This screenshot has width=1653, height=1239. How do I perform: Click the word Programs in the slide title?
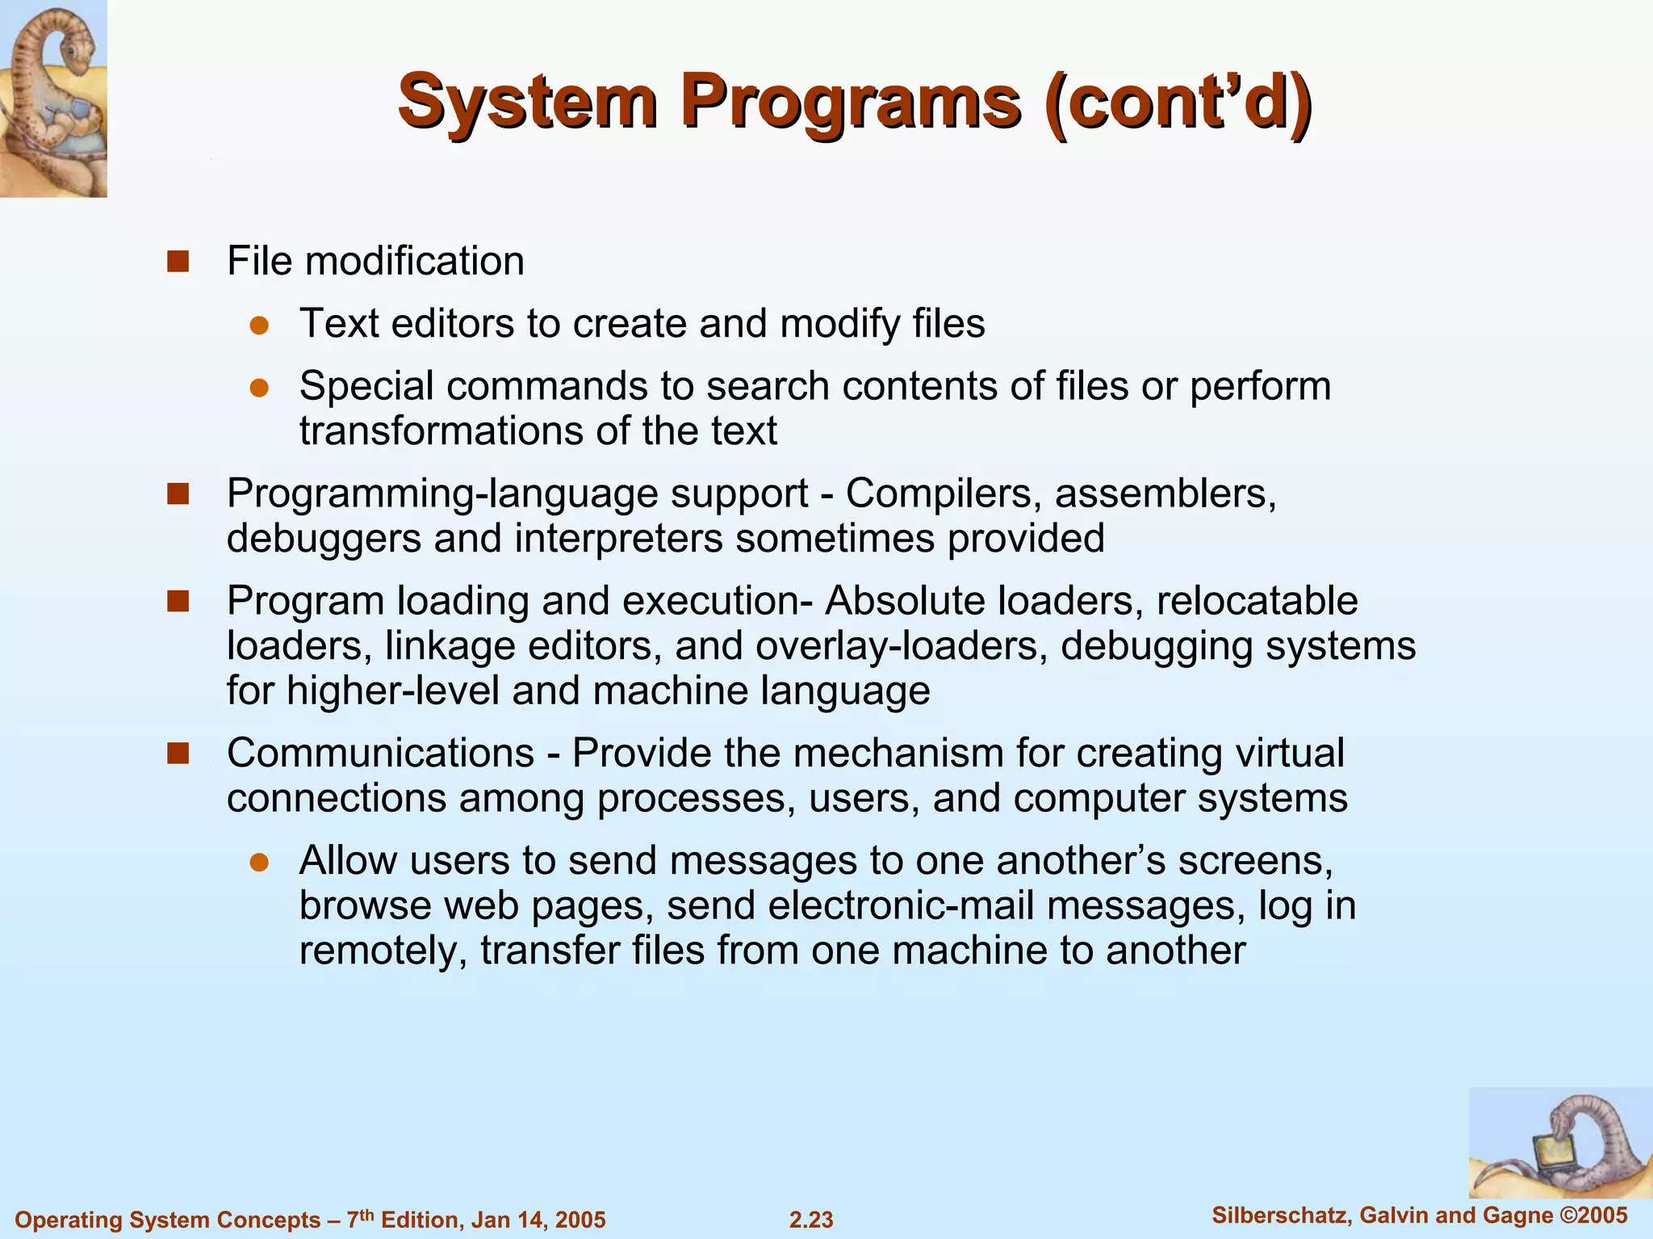(x=852, y=103)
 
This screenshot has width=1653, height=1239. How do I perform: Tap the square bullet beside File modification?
(x=178, y=262)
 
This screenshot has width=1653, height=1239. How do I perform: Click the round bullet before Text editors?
(x=258, y=325)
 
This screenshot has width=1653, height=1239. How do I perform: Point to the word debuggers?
(x=324, y=539)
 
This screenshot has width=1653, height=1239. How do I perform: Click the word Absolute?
(x=904, y=601)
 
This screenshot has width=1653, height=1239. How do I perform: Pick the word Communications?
(x=380, y=753)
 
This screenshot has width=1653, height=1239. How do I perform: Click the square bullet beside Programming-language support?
(x=178, y=493)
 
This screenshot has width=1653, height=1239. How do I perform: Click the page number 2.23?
(x=811, y=1220)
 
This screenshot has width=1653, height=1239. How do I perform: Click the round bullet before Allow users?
(x=258, y=862)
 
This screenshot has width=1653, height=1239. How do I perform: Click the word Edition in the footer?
(x=420, y=1220)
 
